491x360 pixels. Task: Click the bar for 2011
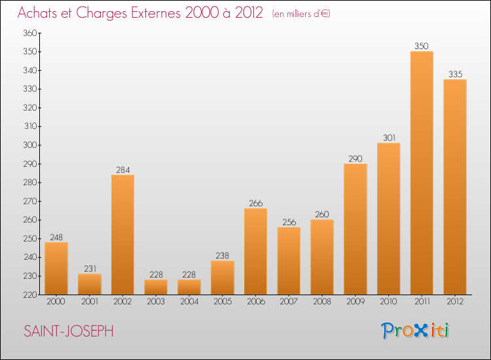(422, 173)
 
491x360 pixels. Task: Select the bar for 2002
(122, 234)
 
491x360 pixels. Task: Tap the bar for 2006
(255, 251)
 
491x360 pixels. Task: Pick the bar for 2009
(355, 229)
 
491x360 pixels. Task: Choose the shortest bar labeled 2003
(156, 287)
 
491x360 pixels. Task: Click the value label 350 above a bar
(422, 46)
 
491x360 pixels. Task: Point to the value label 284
(122, 170)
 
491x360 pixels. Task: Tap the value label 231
(90, 268)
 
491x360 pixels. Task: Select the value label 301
(388, 137)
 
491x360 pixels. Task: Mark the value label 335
(455, 74)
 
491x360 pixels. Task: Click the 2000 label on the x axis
(56, 302)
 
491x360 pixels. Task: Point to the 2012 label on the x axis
(455, 302)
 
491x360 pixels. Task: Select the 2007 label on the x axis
(289, 302)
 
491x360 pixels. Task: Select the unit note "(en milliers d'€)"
(300, 14)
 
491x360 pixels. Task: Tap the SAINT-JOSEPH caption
(69, 331)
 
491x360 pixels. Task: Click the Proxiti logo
(416, 331)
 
